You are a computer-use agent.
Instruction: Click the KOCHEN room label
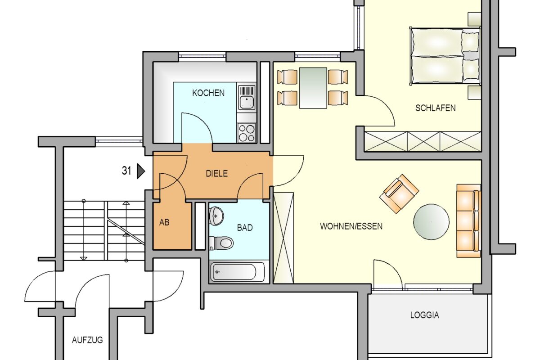pos(208,93)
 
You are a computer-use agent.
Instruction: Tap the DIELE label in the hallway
pos(217,173)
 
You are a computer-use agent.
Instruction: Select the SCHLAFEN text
pos(435,108)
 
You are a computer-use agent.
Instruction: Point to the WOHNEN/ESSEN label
pos(351,226)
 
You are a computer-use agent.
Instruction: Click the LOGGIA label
pos(424,315)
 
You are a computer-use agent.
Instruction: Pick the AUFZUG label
pos(87,340)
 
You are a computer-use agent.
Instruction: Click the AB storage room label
pos(164,222)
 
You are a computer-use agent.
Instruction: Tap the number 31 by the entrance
pos(126,171)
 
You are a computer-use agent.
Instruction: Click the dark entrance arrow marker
pos(141,171)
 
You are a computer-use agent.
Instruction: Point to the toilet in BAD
pos(222,243)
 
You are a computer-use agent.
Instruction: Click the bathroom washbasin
pos(217,216)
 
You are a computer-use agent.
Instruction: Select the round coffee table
pos(431,221)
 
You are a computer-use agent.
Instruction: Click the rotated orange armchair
pos(399,193)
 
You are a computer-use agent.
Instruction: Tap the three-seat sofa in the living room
pos(468,220)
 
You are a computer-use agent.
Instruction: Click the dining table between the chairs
pos(313,88)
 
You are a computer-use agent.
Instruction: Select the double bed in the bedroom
pos(444,56)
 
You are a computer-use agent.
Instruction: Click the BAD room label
pos(245,228)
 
